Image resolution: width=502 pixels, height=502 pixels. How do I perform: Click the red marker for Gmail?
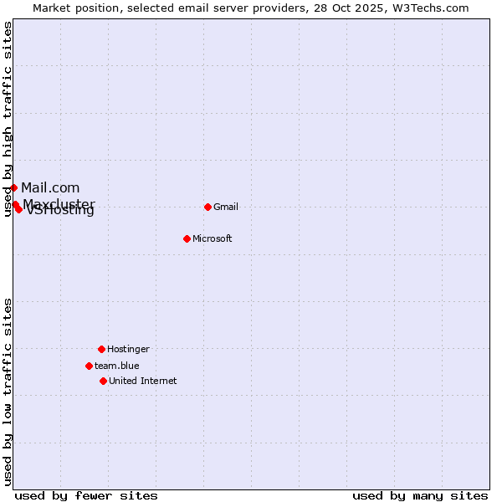pos(207,207)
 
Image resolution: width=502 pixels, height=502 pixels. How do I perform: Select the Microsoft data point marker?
pos(187,238)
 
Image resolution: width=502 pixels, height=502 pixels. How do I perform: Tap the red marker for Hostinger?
pos(101,349)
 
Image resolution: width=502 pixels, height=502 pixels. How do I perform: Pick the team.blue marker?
pos(89,366)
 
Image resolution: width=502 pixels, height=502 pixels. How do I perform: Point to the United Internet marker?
pos(103,381)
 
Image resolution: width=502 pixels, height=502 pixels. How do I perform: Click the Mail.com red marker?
pos(13,187)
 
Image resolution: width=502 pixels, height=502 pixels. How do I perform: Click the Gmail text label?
pos(226,207)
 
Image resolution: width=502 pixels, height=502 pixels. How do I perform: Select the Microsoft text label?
pos(213,239)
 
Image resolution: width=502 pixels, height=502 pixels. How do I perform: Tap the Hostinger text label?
pos(128,350)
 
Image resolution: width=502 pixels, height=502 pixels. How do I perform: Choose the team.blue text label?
pos(117,366)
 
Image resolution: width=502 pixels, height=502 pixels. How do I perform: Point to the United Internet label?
pos(143,382)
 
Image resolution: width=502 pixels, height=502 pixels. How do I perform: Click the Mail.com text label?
pos(50,187)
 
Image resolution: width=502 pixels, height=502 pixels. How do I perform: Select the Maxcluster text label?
pos(59,204)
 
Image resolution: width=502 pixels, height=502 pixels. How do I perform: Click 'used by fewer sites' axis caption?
pos(86,495)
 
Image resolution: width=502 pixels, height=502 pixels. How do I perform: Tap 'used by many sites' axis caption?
pos(420,495)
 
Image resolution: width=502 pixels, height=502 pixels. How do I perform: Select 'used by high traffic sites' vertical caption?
pos(8,120)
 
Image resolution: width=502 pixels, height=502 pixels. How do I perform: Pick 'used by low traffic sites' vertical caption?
pos(8,392)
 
